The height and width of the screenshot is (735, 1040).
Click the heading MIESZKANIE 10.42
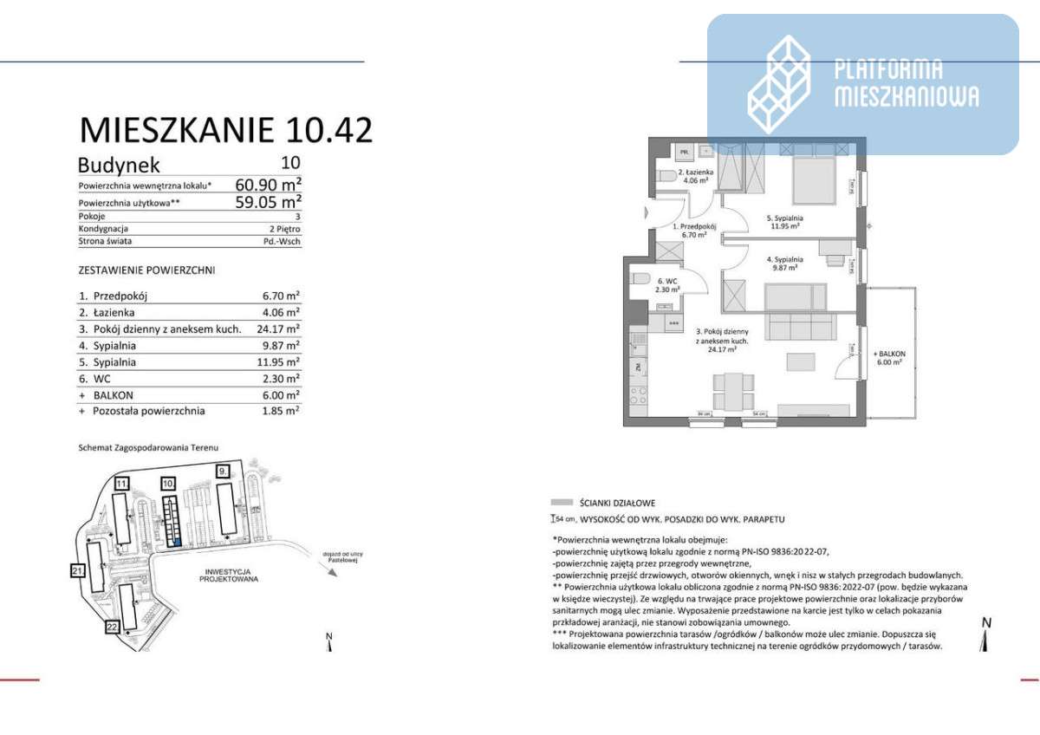click(226, 129)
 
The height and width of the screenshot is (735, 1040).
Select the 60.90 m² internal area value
click(268, 184)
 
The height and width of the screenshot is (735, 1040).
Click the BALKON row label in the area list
click(109, 394)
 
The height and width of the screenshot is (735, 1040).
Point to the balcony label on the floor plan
click(889, 357)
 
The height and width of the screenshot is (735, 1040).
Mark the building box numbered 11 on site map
click(122, 483)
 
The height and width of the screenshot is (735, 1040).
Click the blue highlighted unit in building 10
click(178, 543)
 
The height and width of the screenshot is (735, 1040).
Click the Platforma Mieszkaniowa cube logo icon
click(779, 85)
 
